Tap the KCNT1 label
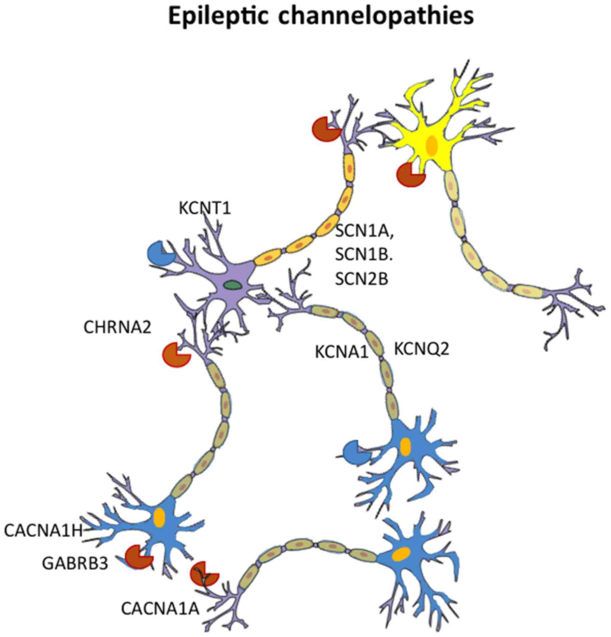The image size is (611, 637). tap(205, 209)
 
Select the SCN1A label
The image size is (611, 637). tap(364, 231)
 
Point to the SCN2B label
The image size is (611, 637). tap(361, 279)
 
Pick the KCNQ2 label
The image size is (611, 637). tap(422, 349)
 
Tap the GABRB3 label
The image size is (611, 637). tap(75, 563)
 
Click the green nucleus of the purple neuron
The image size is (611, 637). tap(232, 284)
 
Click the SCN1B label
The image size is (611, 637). tap(363, 255)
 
